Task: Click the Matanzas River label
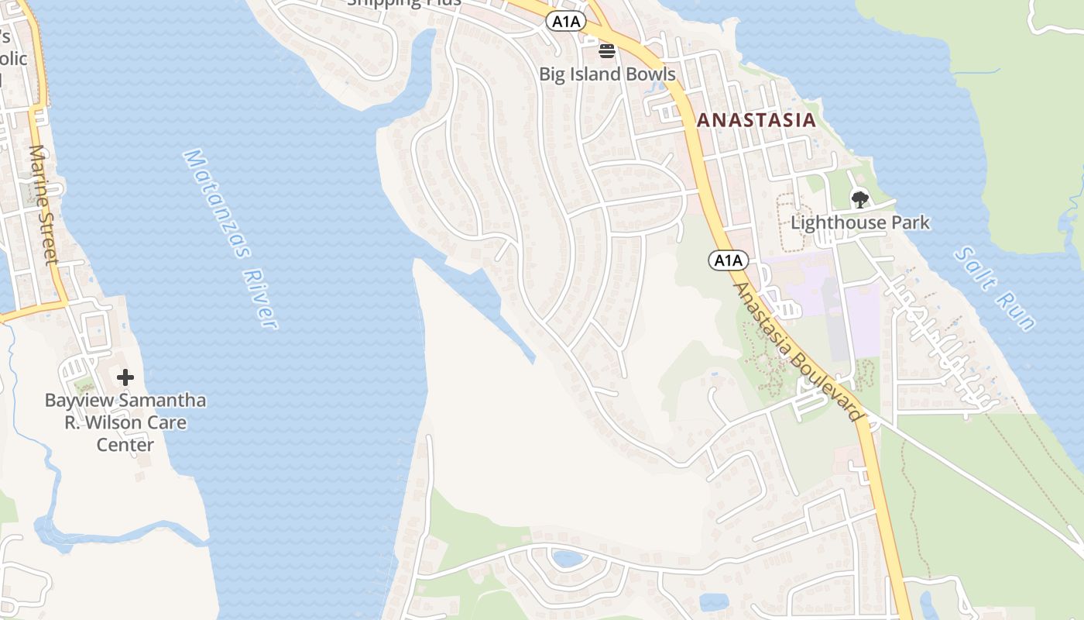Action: click(x=230, y=239)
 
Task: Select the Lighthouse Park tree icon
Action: click(x=859, y=200)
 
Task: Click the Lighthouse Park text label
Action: click(x=859, y=223)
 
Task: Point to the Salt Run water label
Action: click(x=994, y=288)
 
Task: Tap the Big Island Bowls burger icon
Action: click(x=607, y=52)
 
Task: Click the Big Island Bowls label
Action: click(x=607, y=74)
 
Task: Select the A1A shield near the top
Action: click(x=566, y=22)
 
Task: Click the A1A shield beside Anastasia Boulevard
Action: click(x=728, y=260)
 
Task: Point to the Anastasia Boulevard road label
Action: click(x=798, y=352)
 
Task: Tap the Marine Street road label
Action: click(x=44, y=205)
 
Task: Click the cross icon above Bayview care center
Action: click(x=125, y=378)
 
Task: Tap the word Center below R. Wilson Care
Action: click(x=125, y=445)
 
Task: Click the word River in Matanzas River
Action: click(x=259, y=298)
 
